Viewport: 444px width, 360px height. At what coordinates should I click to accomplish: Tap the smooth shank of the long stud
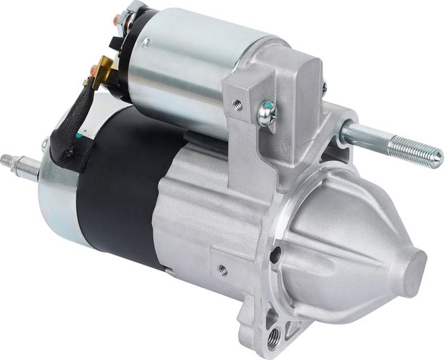coord(368,135)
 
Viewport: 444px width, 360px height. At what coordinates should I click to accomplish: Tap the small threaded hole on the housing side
coord(222,270)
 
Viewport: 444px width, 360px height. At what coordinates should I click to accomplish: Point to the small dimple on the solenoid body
coord(148,43)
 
